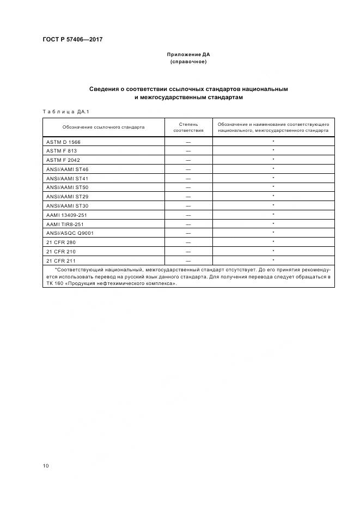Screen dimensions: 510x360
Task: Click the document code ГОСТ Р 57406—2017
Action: [72, 40]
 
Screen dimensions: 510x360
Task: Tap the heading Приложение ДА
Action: [188, 55]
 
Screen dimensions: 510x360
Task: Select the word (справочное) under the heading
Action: [188, 62]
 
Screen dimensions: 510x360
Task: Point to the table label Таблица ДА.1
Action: [65, 112]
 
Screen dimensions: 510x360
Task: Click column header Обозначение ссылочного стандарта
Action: [103, 127]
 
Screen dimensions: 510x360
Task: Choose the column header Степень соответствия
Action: [188, 127]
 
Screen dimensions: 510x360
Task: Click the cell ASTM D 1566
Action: [63, 142]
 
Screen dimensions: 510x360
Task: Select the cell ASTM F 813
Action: [62, 150]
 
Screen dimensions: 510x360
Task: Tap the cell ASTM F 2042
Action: [63, 160]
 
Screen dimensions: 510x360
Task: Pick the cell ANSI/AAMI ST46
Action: [67, 169]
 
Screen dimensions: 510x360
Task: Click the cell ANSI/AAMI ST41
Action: [67, 178]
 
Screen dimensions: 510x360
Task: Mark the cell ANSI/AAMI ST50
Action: [67, 187]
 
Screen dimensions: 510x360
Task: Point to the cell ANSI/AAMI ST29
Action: [67, 196]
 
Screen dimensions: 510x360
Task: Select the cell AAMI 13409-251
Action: [66, 215]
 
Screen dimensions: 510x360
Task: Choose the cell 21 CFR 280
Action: [61, 242]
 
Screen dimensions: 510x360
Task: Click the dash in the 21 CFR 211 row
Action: [188, 260]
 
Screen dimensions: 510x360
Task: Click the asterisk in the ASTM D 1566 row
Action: [273, 141]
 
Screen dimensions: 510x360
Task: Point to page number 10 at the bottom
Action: [46, 466]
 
